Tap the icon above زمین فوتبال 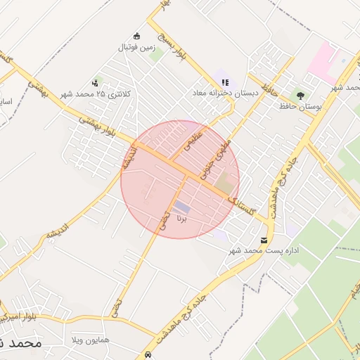click(x=136, y=37)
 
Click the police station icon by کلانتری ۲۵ click(x=95, y=83)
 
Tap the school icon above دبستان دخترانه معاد click(x=224, y=82)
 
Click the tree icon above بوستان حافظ click(x=302, y=95)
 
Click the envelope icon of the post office click(x=264, y=240)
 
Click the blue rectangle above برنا click(x=182, y=206)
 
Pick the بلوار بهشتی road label click(x=98, y=127)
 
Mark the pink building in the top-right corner click(x=324, y=60)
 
